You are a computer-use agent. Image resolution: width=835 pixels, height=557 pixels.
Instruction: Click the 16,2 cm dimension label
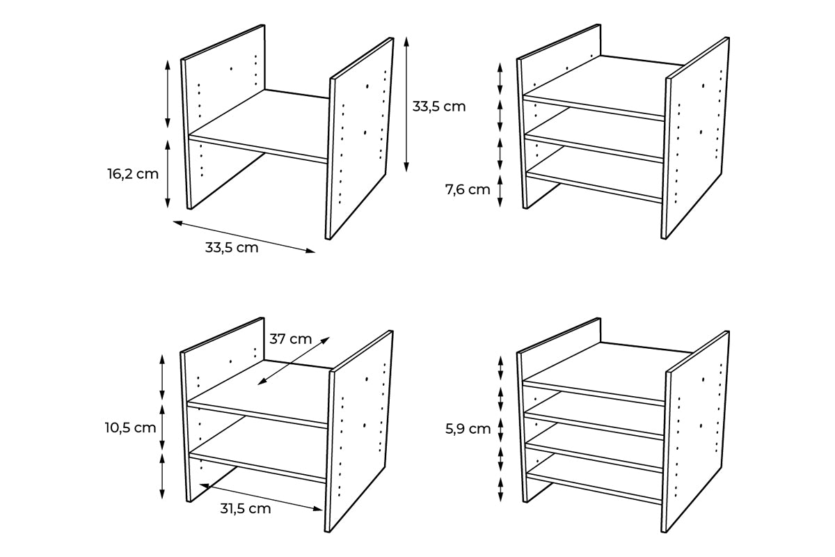133,174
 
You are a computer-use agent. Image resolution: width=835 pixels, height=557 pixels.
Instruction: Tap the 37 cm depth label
291,339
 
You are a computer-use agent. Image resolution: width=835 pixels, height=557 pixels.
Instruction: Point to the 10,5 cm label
131,427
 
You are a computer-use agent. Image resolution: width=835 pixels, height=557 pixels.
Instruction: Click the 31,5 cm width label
246,508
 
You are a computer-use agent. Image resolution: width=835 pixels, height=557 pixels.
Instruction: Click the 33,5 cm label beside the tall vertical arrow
438,107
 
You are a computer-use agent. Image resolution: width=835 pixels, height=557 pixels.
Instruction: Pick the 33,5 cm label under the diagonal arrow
232,247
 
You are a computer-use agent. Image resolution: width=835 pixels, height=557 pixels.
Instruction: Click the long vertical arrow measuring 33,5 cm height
407,104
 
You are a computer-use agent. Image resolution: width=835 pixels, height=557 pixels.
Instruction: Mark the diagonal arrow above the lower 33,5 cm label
244,237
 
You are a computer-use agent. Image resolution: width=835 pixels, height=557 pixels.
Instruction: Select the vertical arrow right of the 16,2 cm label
168,174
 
